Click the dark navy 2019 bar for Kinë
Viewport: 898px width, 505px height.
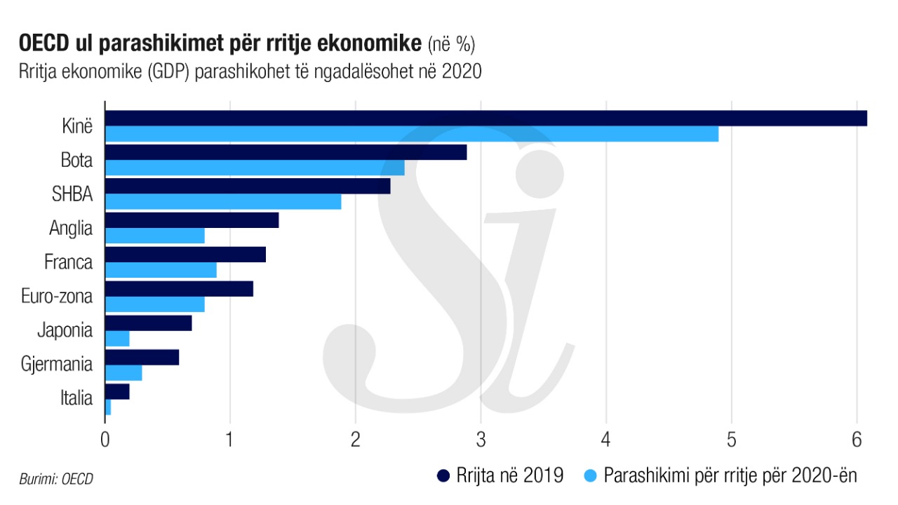(485, 118)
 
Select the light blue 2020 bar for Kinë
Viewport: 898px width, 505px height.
(411, 134)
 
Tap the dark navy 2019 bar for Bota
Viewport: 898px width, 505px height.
(286, 152)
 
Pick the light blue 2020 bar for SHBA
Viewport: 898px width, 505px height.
(223, 202)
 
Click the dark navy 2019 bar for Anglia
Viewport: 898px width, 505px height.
(192, 220)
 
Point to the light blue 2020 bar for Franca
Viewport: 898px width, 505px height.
(161, 270)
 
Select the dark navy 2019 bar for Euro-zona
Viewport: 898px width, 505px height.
(179, 288)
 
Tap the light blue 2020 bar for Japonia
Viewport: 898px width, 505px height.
(117, 339)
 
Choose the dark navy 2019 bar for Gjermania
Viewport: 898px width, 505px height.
(142, 357)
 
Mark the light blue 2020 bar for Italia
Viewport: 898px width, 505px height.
(108, 408)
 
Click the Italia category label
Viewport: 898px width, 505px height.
(76, 399)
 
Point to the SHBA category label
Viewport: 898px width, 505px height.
(72, 194)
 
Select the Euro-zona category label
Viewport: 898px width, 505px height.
(57, 297)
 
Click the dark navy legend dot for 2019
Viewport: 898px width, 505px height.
(443, 476)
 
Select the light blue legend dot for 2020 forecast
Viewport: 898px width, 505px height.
(590, 476)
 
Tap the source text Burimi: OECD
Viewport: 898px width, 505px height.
(56, 480)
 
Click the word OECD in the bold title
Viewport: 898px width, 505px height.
(44, 43)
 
